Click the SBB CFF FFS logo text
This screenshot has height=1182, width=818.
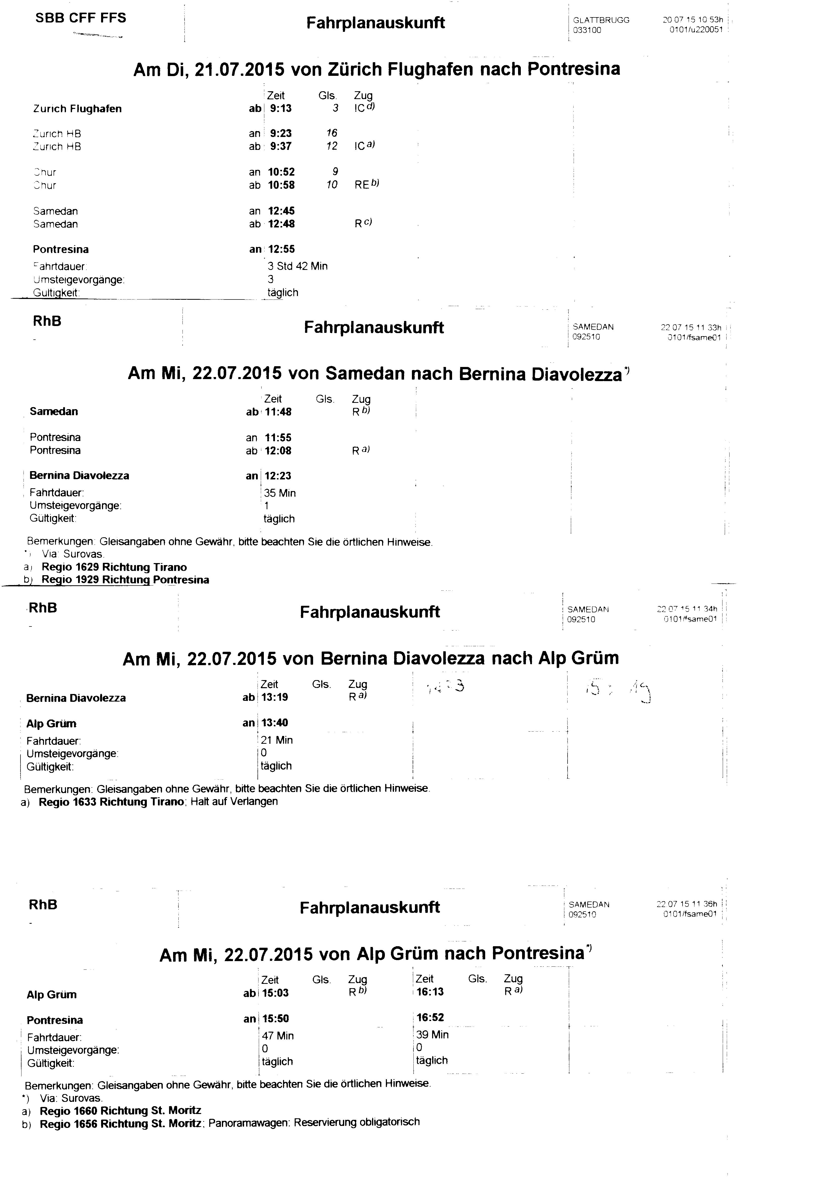(80, 18)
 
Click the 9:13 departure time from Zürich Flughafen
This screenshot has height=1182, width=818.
(281, 108)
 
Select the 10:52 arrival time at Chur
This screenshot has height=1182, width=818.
(281, 172)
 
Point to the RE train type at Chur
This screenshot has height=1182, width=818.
(362, 185)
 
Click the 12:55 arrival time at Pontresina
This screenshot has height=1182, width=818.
(281, 250)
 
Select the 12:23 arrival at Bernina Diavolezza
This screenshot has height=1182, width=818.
(278, 476)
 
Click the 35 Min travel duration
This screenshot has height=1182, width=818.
(280, 493)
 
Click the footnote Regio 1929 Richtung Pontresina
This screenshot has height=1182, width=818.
(125, 580)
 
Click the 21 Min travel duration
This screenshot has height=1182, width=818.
(277, 740)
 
